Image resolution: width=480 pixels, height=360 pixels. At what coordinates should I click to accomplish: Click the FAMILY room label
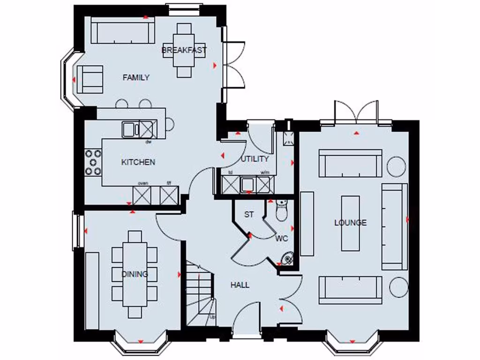click(136, 77)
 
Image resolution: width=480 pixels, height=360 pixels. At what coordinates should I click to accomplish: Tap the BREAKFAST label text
click(184, 50)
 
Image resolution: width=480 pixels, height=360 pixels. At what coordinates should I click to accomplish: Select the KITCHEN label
click(138, 162)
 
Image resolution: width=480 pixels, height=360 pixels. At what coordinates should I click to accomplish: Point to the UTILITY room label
click(255, 159)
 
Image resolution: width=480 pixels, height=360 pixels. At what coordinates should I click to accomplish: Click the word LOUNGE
click(350, 223)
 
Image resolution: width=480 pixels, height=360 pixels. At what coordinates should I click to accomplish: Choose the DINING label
click(135, 274)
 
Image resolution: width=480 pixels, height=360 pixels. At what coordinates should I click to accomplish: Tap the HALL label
click(240, 285)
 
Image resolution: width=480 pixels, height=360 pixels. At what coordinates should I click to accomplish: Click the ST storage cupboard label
click(249, 215)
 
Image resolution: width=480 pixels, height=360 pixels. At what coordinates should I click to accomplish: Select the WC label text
click(282, 238)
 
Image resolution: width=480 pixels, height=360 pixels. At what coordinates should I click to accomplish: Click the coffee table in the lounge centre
click(351, 223)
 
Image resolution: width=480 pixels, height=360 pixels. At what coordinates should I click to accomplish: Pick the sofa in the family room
click(122, 31)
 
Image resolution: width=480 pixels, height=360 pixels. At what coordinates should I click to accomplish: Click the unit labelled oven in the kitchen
click(142, 195)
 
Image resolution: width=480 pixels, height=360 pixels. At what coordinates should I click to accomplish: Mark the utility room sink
click(247, 185)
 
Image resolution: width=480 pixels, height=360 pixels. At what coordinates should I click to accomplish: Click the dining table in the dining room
click(135, 274)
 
